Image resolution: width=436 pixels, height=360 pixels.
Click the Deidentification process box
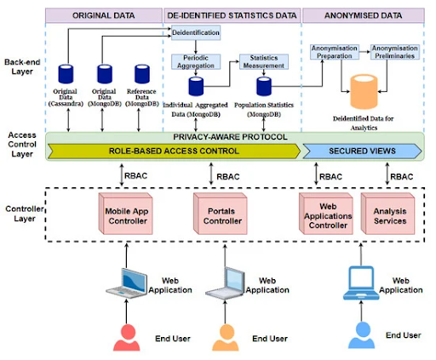point(196,32)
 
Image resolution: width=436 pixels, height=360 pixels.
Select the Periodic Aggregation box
point(196,62)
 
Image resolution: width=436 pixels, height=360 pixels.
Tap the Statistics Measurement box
point(264,62)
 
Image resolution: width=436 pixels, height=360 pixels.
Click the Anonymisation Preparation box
point(334,52)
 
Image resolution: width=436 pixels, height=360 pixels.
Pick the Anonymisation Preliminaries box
point(394,52)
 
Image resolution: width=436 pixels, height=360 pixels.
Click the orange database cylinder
point(364,92)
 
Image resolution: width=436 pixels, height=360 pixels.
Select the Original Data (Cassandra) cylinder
point(66,74)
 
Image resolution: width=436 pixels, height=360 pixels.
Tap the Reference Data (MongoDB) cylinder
point(142,74)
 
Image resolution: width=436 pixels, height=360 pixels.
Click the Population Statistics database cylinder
point(264,86)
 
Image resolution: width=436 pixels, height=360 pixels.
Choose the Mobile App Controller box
point(126,214)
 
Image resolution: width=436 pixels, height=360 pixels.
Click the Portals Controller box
point(221,214)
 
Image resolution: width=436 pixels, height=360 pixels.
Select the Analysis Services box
point(387,214)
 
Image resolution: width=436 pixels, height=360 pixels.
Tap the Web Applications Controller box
point(326,214)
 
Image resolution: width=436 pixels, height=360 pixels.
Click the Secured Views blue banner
point(362,151)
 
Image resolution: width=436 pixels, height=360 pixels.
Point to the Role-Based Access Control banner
point(174,151)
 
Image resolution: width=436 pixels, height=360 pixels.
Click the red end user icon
point(127,338)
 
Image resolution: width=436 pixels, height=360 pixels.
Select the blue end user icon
point(361,334)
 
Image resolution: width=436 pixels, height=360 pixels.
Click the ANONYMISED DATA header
point(364,15)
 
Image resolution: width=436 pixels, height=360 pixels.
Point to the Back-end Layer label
point(22,66)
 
